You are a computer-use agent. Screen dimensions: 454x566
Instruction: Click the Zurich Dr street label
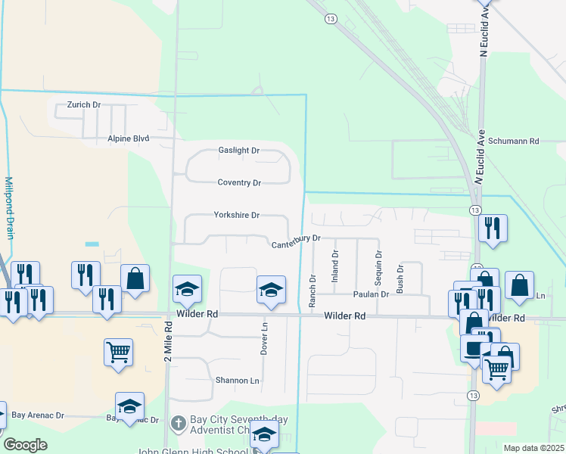coord(83,104)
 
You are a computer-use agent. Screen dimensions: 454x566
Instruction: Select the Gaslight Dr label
coord(239,151)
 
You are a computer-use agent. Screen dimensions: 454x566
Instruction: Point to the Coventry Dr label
coord(239,183)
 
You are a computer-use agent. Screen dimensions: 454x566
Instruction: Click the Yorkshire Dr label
coord(236,216)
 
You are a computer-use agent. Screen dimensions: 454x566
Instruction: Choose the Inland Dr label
coord(334,266)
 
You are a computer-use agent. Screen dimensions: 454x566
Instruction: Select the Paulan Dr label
coord(370,294)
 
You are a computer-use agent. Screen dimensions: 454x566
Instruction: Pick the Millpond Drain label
coord(9,207)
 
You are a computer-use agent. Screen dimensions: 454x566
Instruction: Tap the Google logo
coord(25,445)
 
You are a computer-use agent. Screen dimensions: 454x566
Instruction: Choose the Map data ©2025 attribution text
coord(533,448)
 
